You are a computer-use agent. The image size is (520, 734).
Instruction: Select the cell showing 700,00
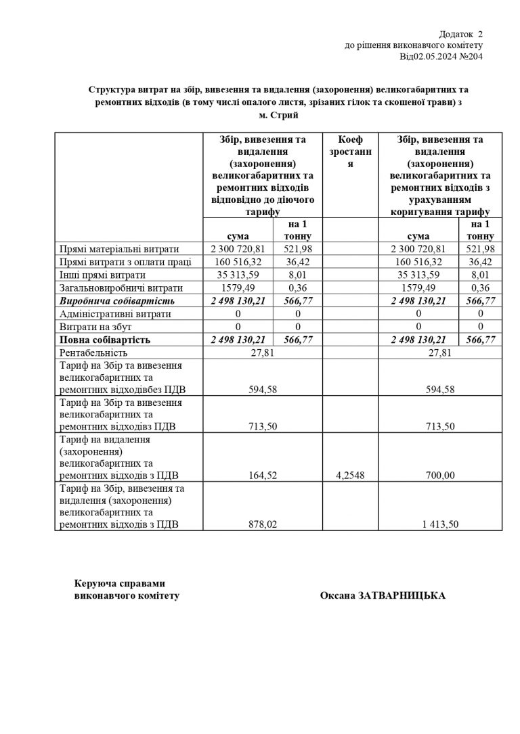440,475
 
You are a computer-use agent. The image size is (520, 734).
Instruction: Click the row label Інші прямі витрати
102,275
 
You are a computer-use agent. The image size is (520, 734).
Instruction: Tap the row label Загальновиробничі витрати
122,288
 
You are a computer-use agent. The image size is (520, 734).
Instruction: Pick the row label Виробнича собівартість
117,300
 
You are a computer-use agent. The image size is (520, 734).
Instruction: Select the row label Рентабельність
94,352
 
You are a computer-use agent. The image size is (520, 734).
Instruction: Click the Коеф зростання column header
351,152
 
